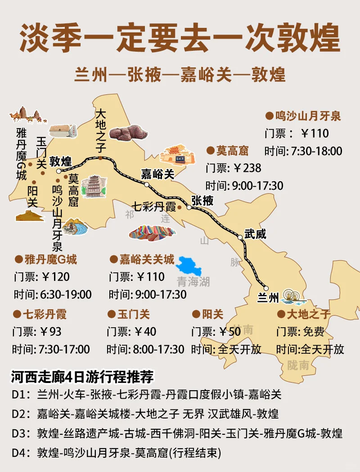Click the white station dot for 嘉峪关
click(147, 184)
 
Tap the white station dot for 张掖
click(189, 208)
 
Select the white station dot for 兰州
click(266, 289)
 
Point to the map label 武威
click(255, 234)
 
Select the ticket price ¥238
click(247, 168)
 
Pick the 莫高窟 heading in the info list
click(232, 151)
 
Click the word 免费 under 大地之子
click(313, 332)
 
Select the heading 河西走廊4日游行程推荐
click(83, 377)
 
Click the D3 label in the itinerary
click(20, 434)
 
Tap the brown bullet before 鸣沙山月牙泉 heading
click(269, 116)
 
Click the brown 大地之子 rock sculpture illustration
click(129, 133)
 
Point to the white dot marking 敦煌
click(58, 171)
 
